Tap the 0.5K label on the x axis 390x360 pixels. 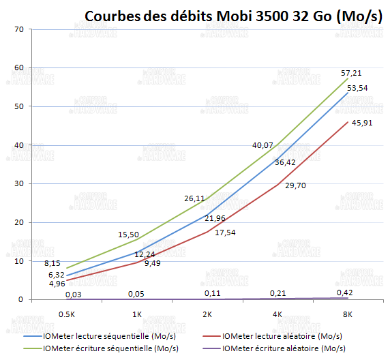67,315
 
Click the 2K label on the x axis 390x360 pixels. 207,315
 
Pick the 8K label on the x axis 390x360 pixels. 348,315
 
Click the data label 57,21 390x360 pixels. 352,72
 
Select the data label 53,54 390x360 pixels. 358,87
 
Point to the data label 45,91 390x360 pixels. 362,122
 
